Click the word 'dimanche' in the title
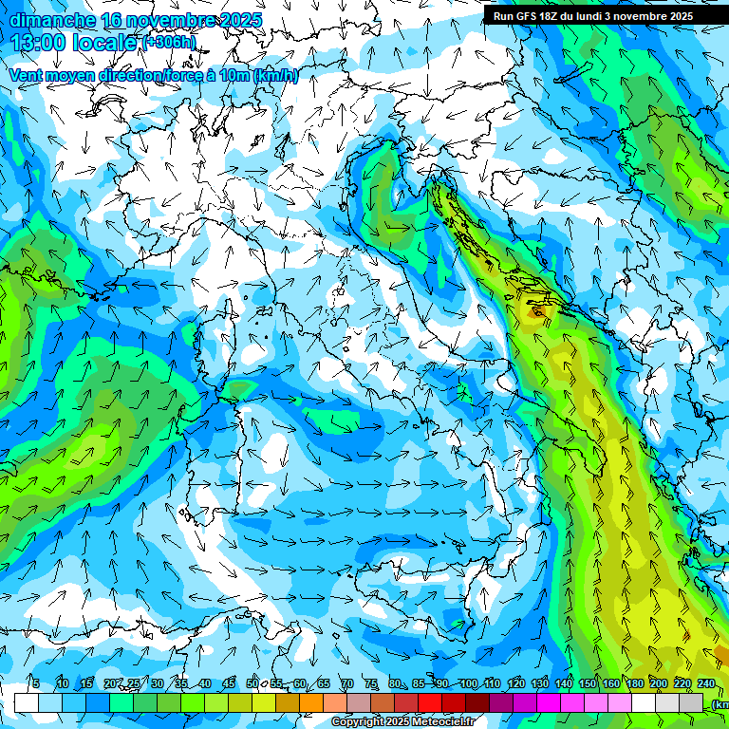(x=52, y=19)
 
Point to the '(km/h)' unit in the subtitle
(x=275, y=76)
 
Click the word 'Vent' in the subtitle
(x=27, y=76)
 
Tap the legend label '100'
(x=468, y=684)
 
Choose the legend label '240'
(x=705, y=684)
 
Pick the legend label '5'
(x=36, y=684)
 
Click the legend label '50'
(x=252, y=684)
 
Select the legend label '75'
(x=371, y=684)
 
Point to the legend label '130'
(x=539, y=684)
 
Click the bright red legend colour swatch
(x=430, y=702)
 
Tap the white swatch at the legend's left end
(x=26, y=702)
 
